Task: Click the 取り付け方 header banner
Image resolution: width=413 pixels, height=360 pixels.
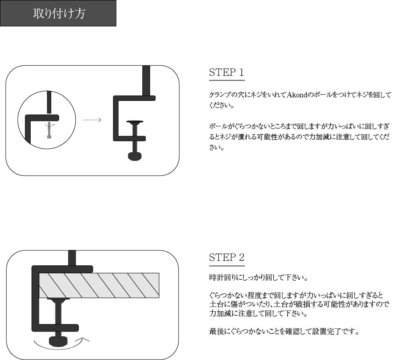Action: point(58,13)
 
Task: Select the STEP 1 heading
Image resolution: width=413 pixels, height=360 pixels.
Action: point(226,72)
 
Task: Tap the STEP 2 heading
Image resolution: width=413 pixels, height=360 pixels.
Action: point(226,257)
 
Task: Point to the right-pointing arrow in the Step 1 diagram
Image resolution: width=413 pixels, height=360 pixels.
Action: point(92,120)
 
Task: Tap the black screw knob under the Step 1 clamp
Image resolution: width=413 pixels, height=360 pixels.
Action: point(134,156)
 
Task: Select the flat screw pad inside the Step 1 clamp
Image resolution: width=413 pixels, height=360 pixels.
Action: point(134,122)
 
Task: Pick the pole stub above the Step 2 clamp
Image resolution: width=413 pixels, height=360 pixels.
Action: point(72,257)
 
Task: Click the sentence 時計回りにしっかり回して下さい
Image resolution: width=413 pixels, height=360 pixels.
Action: point(258,278)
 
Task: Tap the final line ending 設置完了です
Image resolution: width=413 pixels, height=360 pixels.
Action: point(284,331)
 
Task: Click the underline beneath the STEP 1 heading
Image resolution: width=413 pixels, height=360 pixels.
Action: point(226,80)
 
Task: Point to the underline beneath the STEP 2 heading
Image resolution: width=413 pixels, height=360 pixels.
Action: point(226,266)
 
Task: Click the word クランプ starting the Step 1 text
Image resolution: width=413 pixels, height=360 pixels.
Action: point(217,95)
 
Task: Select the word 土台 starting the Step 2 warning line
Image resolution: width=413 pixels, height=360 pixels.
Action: point(215,304)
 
